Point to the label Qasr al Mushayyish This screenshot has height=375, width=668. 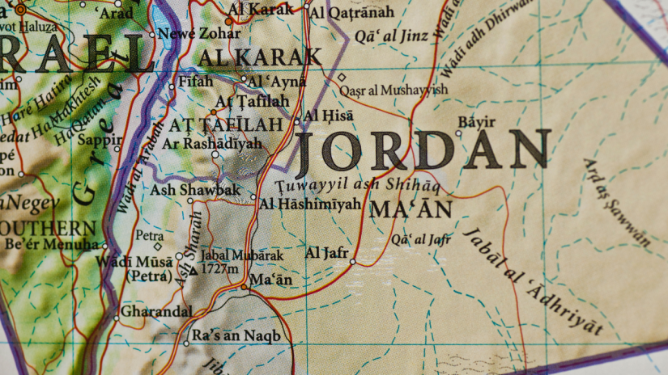point(393,90)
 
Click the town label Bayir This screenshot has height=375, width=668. point(476,122)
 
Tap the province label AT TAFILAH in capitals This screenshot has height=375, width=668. point(226,124)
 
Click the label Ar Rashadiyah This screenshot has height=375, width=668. point(213,143)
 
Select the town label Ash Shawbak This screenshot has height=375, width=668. point(196,190)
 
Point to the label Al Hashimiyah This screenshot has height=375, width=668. point(308,204)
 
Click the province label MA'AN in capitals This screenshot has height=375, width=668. point(411,209)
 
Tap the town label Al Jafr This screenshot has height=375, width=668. point(326,253)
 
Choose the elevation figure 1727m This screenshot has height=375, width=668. point(219,268)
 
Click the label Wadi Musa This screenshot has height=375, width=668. point(134,261)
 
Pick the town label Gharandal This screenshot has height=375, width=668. point(156,311)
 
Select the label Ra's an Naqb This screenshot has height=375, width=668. point(236,335)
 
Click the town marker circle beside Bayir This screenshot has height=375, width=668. point(458,133)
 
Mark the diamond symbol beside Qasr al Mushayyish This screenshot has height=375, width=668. point(342,78)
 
